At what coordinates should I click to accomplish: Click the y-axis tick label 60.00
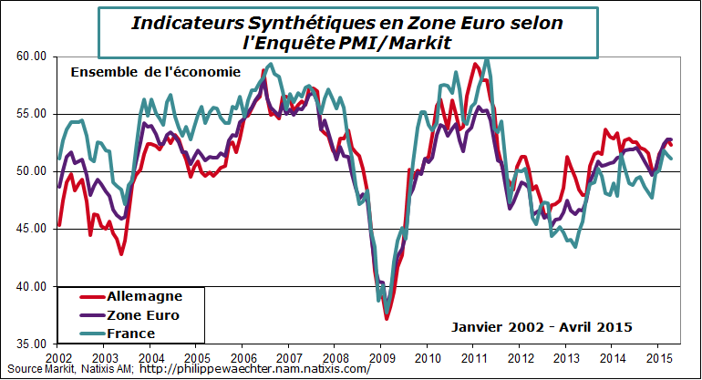coord(32,56)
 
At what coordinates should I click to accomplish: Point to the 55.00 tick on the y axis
coord(32,114)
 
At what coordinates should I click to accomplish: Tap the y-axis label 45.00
coord(32,229)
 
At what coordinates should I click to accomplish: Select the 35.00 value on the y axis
coord(32,344)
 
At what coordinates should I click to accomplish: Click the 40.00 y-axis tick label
coord(32,286)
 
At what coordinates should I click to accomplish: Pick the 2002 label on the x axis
coord(57,357)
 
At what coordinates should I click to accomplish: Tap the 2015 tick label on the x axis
coord(660,357)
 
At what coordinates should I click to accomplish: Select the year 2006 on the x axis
coord(242,357)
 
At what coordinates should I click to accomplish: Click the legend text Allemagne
coord(145,296)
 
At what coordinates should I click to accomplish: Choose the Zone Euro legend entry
coord(143,315)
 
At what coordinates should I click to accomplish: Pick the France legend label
coord(131,334)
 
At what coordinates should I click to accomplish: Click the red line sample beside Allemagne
coord(81,296)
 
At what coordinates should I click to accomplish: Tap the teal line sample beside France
coord(81,334)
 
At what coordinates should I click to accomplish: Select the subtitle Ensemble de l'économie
coord(156,72)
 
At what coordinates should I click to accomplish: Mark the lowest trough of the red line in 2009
coord(387,319)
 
